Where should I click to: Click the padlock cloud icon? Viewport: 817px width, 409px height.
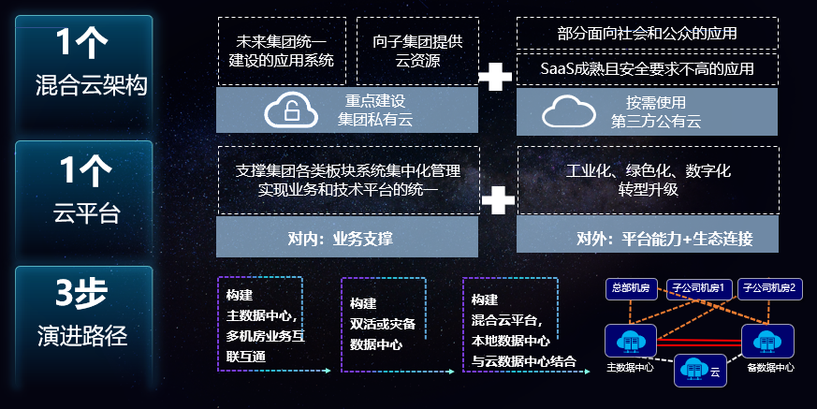292,110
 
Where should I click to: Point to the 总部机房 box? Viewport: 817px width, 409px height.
629,288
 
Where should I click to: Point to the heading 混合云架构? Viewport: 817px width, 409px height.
86,87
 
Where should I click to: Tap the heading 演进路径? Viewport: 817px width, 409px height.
84,334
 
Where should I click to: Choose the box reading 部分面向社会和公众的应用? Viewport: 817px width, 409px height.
647,33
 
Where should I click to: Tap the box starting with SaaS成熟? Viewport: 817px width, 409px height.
647,67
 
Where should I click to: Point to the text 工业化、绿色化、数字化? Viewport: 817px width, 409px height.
648,171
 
